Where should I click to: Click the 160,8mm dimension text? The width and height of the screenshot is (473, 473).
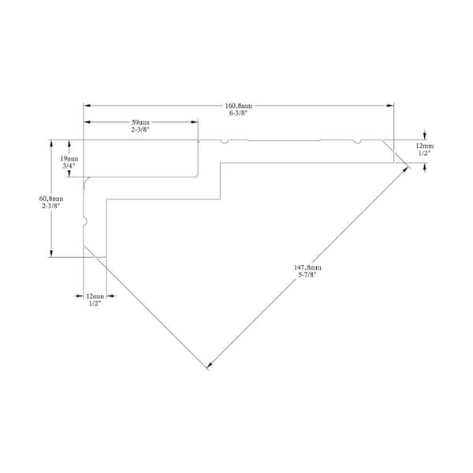(x=239, y=106)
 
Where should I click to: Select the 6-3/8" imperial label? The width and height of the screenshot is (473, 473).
(x=238, y=113)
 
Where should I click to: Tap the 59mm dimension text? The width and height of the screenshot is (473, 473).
(x=140, y=122)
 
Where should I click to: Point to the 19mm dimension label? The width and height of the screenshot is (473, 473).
(x=69, y=158)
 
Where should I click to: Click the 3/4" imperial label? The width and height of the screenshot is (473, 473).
(x=69, y=166)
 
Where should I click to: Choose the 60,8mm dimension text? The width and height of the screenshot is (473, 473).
(x=51, y=199)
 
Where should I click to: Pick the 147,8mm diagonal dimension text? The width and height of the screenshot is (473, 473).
(x=307, y=267)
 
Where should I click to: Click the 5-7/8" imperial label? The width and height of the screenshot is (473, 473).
(x=307, y=274)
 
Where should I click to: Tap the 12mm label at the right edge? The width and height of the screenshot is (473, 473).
(x=425, y=146)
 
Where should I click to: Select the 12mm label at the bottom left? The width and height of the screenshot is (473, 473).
(x=95, y=296)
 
